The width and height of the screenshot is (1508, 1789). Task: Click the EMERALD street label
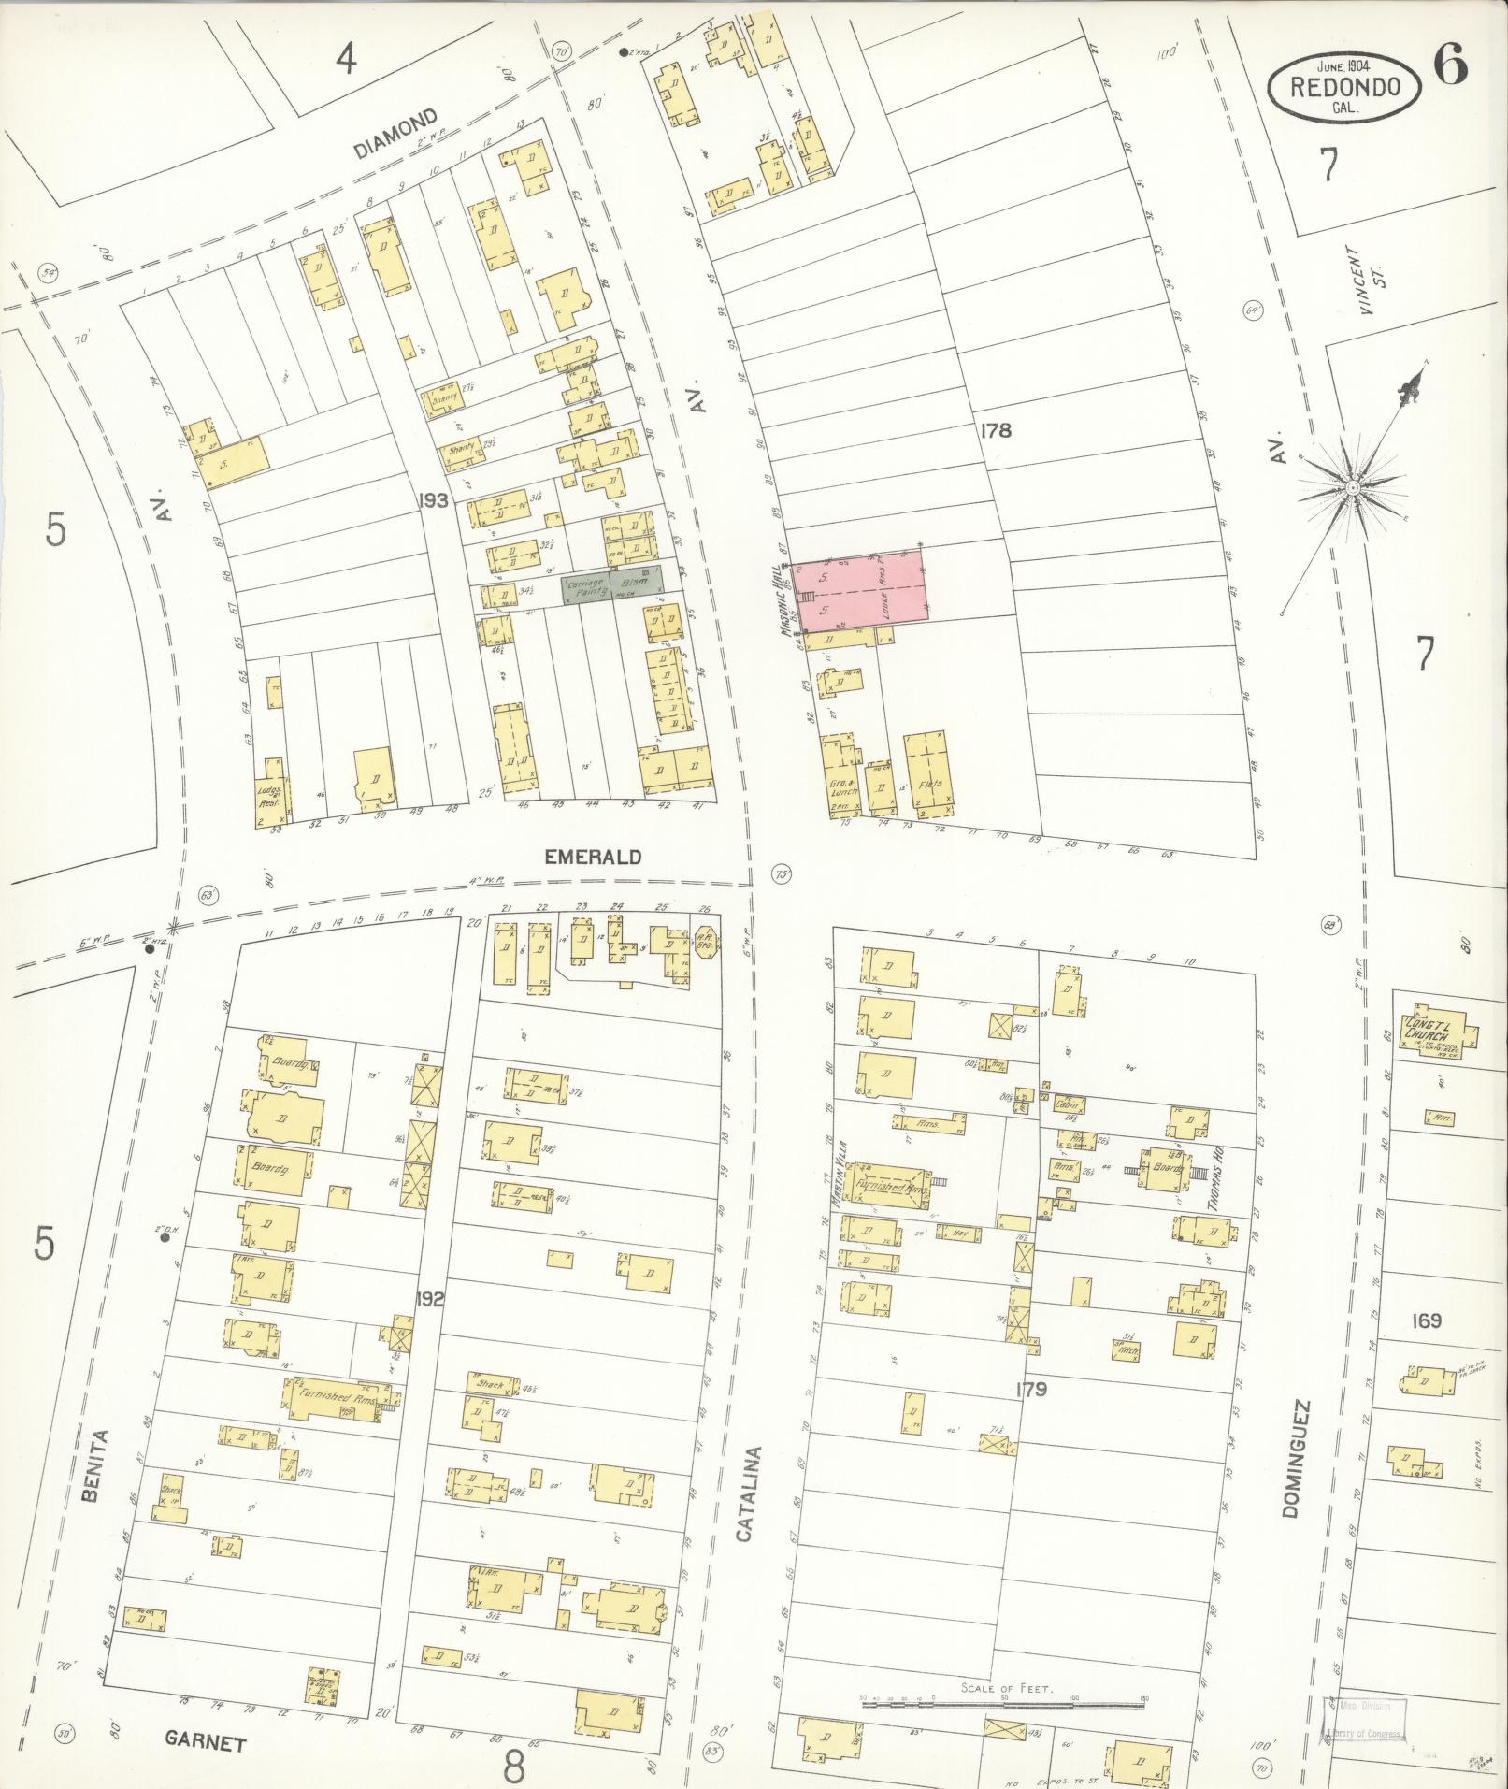[593, 857]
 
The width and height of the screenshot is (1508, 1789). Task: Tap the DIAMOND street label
[396, 134]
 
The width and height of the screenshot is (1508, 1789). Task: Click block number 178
[996, 430]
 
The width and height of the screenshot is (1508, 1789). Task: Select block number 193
[434, 500]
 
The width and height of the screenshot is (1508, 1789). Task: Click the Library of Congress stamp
[1367, 1719]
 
